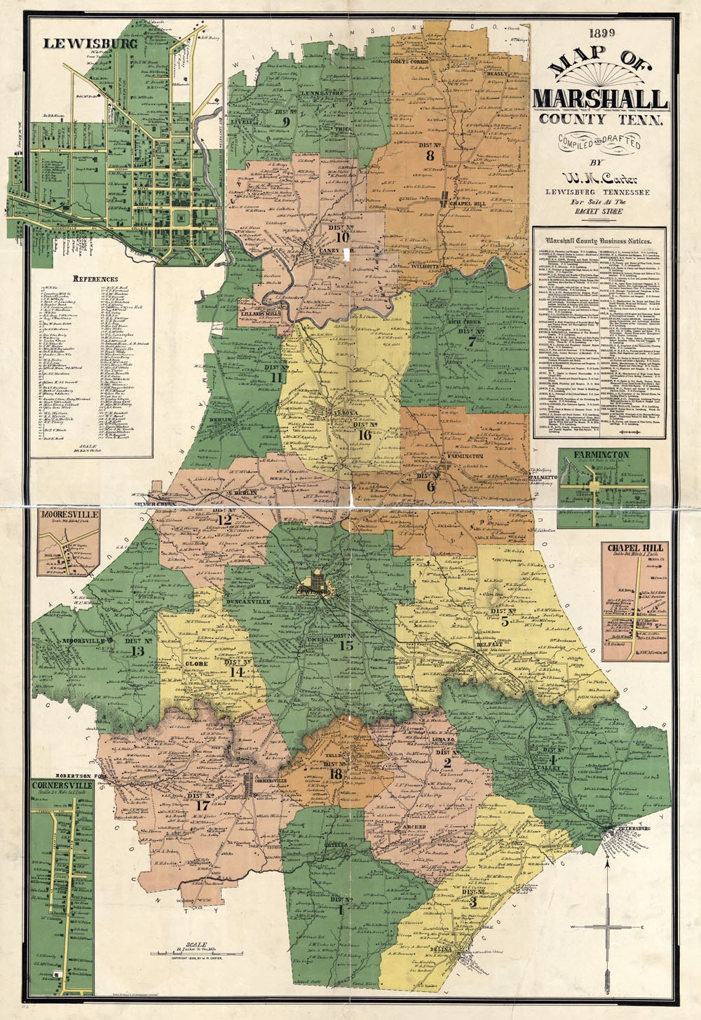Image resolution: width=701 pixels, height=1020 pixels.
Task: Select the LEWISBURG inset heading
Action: click(80, 43)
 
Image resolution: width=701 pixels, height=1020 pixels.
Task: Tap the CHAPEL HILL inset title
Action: click(634, 547)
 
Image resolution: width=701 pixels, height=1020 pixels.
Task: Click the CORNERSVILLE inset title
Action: click(62, 786)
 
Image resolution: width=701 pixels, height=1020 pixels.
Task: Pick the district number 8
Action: click(430, 155)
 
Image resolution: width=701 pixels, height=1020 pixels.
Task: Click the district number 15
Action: click(346, 645)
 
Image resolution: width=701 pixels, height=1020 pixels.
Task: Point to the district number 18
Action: click(336, 774)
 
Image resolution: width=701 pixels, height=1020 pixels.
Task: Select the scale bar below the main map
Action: click(196, 954)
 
